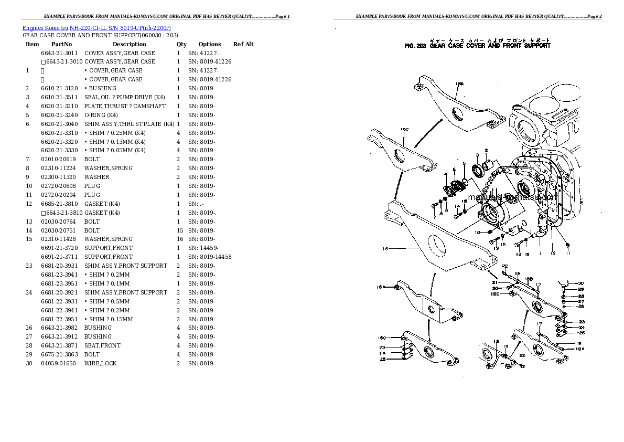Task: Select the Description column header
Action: (129, 44)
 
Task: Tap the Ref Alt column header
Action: (243, 44)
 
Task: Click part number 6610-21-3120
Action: (59, 88)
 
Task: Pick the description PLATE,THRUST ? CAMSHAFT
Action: (125, 106)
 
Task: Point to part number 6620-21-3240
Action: (59, 115)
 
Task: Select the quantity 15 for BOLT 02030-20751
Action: (179, 230)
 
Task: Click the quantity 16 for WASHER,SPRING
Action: (179, 239)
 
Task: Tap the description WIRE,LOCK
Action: (100, 363)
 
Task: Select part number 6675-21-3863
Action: (59, 354)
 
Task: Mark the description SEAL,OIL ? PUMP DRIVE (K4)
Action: (125, 97)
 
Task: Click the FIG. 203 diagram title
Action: (477, 46)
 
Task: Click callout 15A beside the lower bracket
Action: (381, 287)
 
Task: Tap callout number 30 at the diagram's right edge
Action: (581, 282)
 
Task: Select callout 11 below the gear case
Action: (568, 253)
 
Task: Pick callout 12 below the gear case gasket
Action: (552, 253)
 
